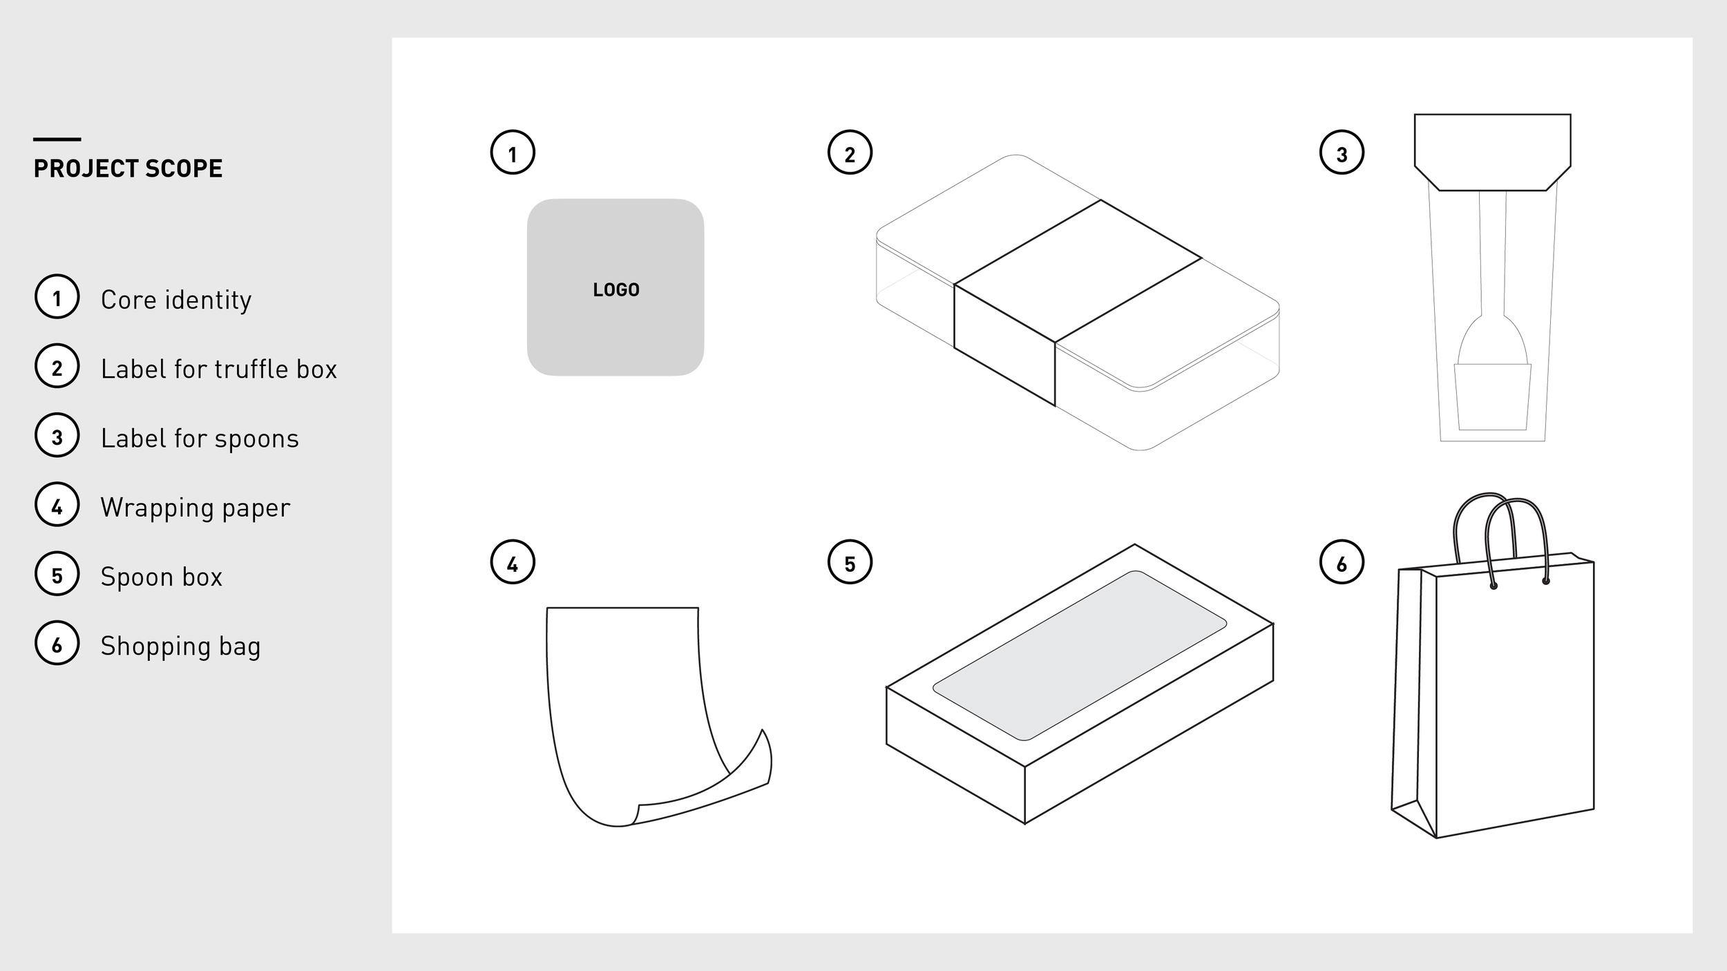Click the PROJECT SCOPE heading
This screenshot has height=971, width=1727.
(x=128, y=169)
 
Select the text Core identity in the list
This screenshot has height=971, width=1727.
(x=176, y=300)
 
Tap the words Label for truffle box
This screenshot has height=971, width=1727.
(x=218, y=369)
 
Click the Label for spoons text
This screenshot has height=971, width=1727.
(x=200, y=438)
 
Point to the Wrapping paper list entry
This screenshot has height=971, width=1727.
(x=195, y=507)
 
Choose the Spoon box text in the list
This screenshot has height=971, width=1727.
(x=161, y=577)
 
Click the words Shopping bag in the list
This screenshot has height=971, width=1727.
(x=180, y=646)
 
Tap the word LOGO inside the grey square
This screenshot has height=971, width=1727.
(x=616, y=289)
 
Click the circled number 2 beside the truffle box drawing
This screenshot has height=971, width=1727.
(x=850, y=153)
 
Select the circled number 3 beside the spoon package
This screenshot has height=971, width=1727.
(x=1342, y=153)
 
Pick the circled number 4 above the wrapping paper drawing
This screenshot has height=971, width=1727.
(x=513, y=562)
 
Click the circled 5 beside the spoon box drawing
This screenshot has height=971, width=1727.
(x=850, y=562)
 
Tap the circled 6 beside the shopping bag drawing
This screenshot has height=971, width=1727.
(x=1342, y=562)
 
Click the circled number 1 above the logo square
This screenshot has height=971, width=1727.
(x=513, y=153)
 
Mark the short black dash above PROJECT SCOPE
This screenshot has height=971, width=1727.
(x=57, y=140)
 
